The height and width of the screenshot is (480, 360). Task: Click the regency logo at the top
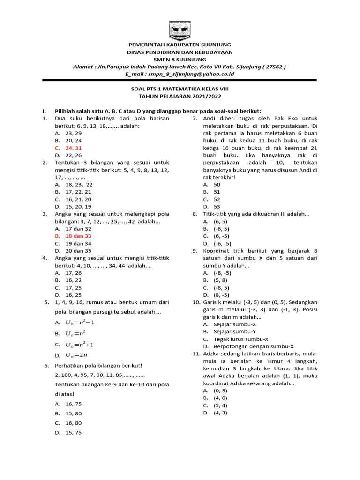coord(180,31)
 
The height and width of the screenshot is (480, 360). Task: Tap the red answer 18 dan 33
coord(78,236)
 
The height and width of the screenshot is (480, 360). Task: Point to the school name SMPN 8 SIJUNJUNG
coord(180,60)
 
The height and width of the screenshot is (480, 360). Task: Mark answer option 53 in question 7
coord(217,207)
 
